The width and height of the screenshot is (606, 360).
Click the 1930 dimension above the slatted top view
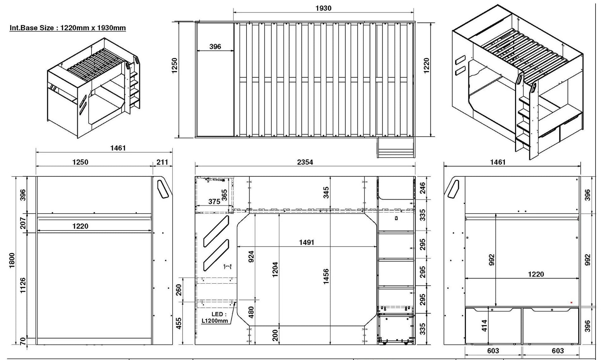tap(323, 8)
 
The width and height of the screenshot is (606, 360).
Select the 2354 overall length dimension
tap(305, 162)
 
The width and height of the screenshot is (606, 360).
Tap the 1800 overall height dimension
tap(12, 260)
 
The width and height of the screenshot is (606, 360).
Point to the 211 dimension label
tap(162, 162)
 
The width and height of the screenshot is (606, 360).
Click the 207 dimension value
tap(23, 223)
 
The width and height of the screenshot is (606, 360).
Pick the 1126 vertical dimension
tap(23, 285)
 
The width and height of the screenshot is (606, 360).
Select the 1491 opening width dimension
tap(306, 242)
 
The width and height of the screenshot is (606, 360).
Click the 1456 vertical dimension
tap(326, 277)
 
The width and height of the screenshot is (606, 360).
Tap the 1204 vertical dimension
tap(275, 269)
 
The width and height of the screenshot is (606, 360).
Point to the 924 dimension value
tap(251, 256)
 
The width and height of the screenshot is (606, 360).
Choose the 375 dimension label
tap(214, 202)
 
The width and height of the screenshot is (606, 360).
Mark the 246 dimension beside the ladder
tap(423, 188)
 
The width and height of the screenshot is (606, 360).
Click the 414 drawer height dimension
tap(484, 325)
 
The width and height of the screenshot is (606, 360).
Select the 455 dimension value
tap(179, 323)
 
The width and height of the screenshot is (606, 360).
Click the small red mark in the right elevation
tap(571, 302)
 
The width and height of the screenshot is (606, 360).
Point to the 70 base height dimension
tap(23, 341)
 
